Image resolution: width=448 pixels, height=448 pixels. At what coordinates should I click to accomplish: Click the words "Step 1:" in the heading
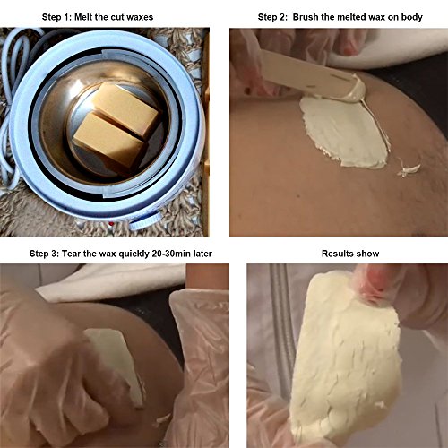pyautogui.click(x=56, y=17)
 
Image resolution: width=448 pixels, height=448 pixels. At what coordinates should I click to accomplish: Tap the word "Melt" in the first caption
pyautogui.click(x=83, y=17)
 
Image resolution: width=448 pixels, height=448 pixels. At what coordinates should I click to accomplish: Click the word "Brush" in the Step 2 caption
pyautogui.click(x=306, y=17)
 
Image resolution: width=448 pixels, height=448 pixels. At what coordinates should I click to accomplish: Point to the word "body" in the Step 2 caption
pyautogui.click(x=412, y=17)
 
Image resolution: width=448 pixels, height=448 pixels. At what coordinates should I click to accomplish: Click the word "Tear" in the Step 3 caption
pyautogui.click(x=72, y=254)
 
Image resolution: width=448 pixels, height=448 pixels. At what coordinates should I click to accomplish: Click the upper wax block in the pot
pyautogui.click(x=125, y=108)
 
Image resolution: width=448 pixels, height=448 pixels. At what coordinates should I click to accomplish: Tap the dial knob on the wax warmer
pyautogui.click(x=146, y=221)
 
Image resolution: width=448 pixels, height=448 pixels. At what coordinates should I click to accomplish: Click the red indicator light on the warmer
pyautogui.click(x=111, y=223)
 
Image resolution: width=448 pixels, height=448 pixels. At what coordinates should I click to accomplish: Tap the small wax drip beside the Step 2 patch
pyautogui.click(x=409, y=169)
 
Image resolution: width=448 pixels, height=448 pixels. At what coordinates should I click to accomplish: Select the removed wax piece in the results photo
pyautogui.click(x=346, y=357)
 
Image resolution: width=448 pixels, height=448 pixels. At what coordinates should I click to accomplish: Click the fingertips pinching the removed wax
pyautogui.click(x=375, y=280)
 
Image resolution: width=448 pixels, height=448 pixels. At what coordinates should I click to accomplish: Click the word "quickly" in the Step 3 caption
pyautogui.click(x=134, y=254)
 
